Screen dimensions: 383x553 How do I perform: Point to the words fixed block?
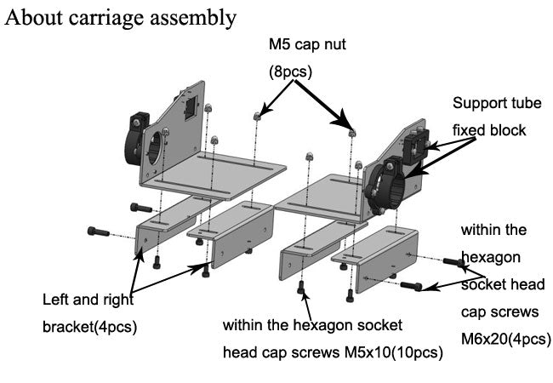pos(489,130)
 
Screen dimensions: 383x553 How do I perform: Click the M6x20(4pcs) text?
pos(506,338)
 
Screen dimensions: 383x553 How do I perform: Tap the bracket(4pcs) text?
pos(90,327)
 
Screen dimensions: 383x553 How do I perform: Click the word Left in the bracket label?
pos(56,300)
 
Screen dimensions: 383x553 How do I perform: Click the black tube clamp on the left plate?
pos(141,135)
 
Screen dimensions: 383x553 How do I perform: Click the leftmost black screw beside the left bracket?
pos(97,231)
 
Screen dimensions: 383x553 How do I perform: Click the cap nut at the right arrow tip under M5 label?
pos(351,130)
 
